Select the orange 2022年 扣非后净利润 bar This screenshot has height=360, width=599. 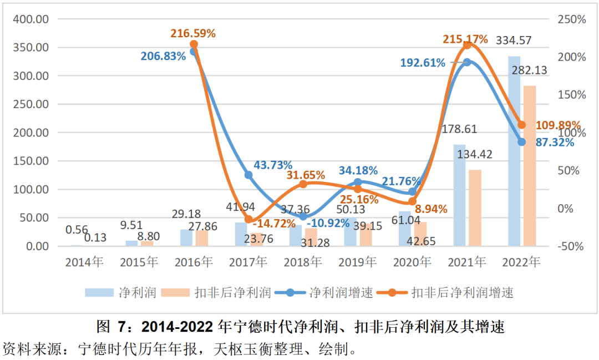click(530, 166)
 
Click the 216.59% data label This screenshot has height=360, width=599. click(193, 33)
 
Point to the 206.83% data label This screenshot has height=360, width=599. click(163, 56)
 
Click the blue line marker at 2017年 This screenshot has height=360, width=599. click(248, 175)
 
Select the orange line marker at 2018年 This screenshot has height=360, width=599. click(303, 184)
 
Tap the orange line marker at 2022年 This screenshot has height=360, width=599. click(521, 125)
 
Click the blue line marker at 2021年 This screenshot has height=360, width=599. click(467, 62)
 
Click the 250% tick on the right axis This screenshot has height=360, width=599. click(571, 19)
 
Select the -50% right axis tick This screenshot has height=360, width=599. click(571, 246)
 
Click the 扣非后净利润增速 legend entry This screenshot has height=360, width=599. click(462, 292)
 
